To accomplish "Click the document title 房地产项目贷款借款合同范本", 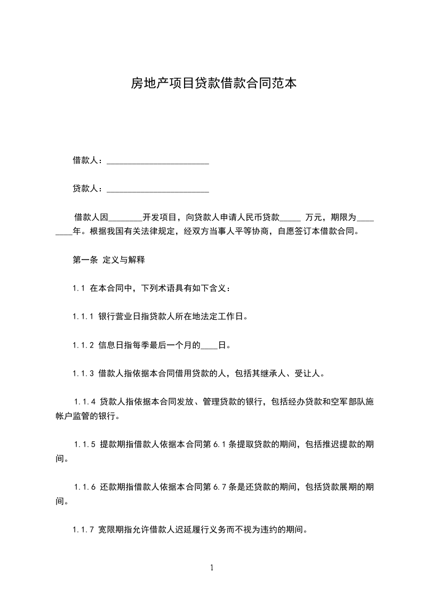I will point(213,83).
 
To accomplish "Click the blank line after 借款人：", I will point(158,161).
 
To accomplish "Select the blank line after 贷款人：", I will point(158,189).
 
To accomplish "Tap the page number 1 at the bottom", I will point(212,568).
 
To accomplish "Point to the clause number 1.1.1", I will point(83,317).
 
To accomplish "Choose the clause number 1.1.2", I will point(83,345).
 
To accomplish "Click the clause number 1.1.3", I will point(83,374).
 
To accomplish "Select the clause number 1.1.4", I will point(85,402).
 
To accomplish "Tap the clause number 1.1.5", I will point(85,444).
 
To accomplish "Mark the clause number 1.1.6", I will point(85,487).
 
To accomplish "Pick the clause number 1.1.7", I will point(83,530).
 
